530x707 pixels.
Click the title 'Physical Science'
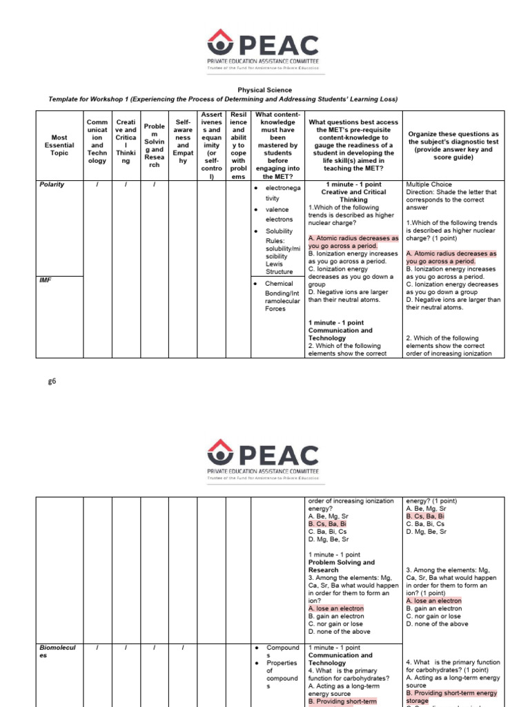265,90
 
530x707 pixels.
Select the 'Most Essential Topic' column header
59,145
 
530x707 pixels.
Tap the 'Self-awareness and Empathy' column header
183,145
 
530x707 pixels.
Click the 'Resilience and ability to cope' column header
238,145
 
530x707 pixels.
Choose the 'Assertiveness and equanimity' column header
210,145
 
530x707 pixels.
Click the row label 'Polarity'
52,185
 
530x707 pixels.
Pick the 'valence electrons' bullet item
279,214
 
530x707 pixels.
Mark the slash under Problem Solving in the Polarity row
154,185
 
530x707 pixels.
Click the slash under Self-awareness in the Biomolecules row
183,648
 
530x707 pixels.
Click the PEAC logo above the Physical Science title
265,51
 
